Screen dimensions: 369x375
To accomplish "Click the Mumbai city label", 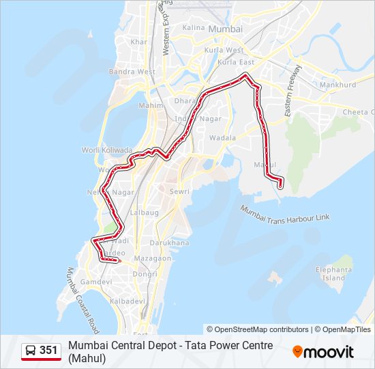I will point(225,29).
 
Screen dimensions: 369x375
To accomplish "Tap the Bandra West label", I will point(132,72).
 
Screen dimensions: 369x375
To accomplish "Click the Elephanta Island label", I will point(334,274).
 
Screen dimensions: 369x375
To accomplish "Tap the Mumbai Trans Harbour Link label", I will point(284,213).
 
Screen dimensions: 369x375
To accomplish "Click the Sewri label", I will point(179,192).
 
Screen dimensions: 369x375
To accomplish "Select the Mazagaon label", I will point(153,259).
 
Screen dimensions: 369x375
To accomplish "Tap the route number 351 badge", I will point(48,351).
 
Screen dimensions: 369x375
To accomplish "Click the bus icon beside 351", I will point(31,351).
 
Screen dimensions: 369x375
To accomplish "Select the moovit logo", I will point(323,352).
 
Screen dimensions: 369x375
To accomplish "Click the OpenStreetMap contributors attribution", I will point(258,329).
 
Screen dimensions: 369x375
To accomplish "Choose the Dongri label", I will point(145,274).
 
